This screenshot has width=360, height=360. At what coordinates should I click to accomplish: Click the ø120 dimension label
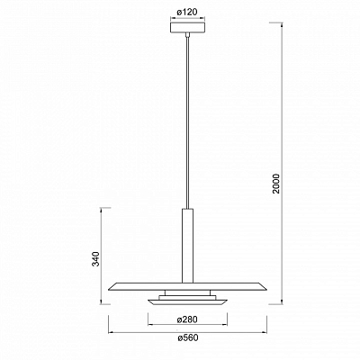187,13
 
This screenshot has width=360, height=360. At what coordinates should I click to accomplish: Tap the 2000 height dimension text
276,184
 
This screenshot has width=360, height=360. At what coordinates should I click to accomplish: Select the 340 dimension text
95,259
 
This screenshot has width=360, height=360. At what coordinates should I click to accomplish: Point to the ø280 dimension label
187,319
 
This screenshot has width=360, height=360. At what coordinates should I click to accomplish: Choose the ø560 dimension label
188,337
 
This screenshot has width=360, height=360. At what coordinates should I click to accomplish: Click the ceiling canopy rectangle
187,28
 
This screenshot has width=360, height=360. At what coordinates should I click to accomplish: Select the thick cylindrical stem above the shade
187,246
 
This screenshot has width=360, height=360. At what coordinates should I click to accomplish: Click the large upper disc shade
187,286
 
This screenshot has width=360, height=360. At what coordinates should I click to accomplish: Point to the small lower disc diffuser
187,301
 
